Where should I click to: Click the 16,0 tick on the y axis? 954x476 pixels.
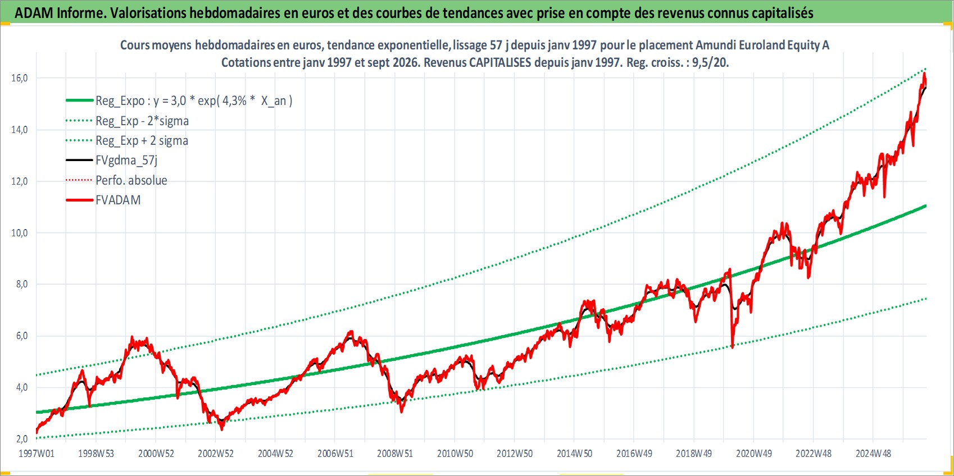pos(19,78)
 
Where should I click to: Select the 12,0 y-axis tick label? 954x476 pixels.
pos(19,181)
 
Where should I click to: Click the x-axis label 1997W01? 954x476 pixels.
pos(36,454)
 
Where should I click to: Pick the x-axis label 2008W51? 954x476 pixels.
pos(395,454)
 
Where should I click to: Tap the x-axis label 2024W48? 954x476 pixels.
pos(873,454)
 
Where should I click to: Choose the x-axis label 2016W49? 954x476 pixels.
pos(634,454)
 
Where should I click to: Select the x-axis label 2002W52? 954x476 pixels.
pos(216,454)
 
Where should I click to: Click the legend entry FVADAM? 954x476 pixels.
pos(118,200)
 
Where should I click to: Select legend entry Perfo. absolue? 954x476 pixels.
pos(131,180)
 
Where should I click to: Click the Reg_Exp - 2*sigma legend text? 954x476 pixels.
pos(142,121)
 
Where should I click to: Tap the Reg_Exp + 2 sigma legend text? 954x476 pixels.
pos(142,140)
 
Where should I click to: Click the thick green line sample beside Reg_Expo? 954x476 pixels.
pos(80,100)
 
